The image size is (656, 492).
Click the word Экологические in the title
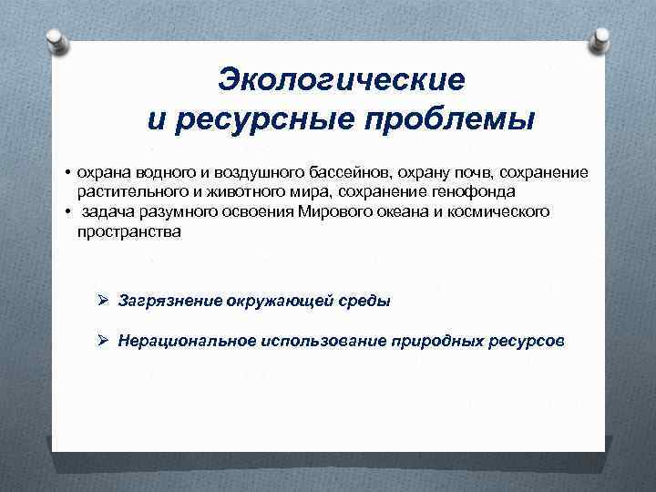coord(341,79)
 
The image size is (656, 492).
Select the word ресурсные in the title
coord(265,118)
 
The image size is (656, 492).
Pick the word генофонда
coord(479,191)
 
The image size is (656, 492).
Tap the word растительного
coord(125,191)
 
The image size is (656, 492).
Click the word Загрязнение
coord(170,301)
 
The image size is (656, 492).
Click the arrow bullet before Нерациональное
coord(104,341)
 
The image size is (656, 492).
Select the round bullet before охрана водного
coord(67,172)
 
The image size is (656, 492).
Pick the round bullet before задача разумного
coord(67,212)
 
